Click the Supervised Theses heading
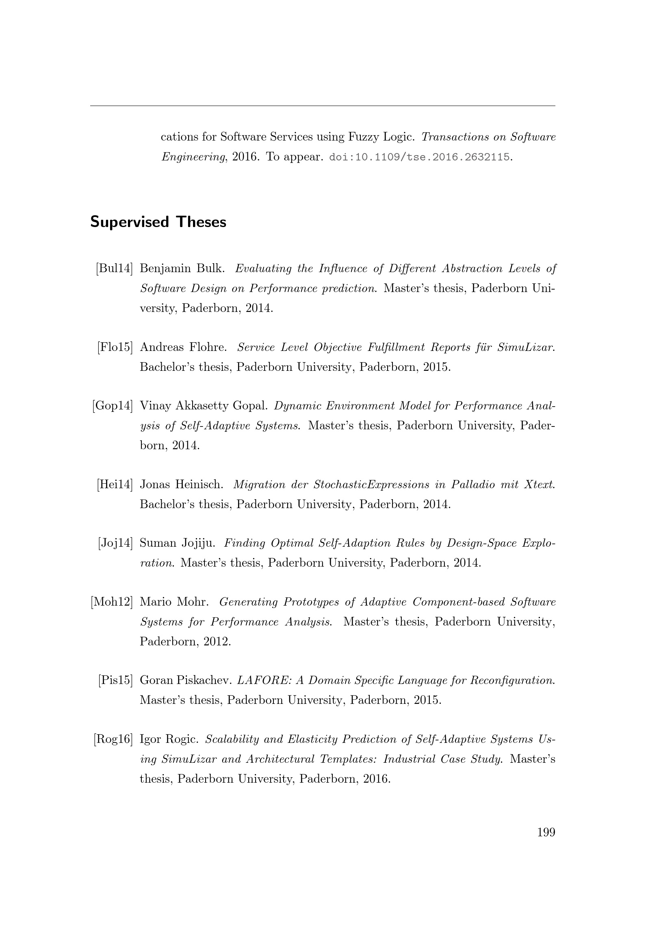(158, 222)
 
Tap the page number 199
(546, 832)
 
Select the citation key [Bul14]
(114, 268)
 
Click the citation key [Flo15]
(115, 347)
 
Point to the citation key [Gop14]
(113, 406)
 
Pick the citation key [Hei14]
(115, 485)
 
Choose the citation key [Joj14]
(115, 543)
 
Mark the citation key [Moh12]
(112, 602)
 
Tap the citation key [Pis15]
(115, 680)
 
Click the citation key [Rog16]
(113, 739)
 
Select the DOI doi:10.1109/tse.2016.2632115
(419, 158)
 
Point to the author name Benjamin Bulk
(182, 268)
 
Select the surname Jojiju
(199, 543)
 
